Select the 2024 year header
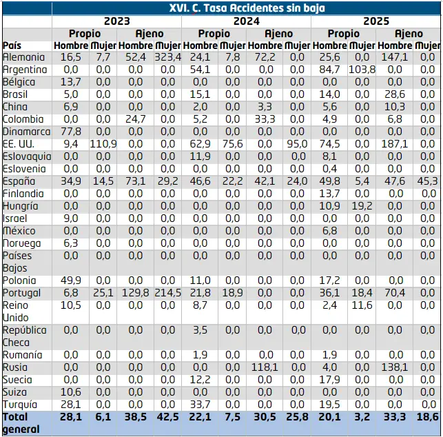[x=247, y=21]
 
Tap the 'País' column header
[x=12, y=45]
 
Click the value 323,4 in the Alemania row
[x=168, y=57]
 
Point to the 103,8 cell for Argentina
[x=362, y=70]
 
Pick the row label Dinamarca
[x=27, y=132]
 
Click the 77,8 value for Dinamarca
[x=71, y=132]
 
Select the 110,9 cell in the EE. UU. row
[x=103, y=144]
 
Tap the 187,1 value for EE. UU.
[x=394, y=144]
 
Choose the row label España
[x=19, y=181]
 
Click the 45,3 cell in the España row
[x=427, y=181]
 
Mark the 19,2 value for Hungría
[x=362, y=206]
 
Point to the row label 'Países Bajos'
[x=17, y=262]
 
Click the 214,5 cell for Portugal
[x=168, y=293]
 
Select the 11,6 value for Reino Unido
[x=362, y=305]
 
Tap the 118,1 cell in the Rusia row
[x=265, y=367]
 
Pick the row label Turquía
[x=20, y=405]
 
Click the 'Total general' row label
[x=21, y=423]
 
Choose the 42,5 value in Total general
[x=168, y=417]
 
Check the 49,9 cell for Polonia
[x=71, y=281]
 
